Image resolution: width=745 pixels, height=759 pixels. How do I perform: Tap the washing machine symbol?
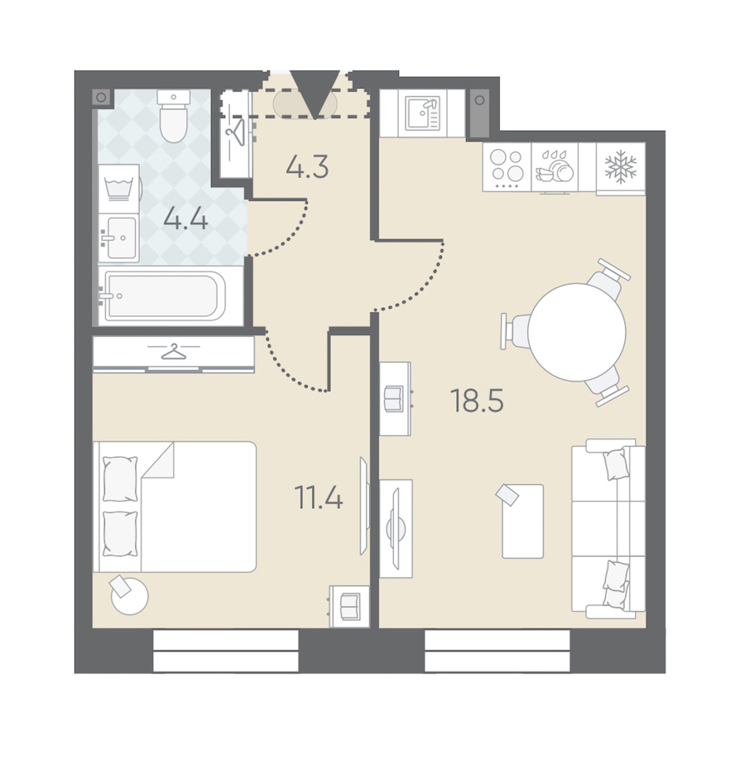pyautogui.click(x=119, y=188)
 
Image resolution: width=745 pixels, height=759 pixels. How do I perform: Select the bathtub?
pyautogui.click(x=165, y=295)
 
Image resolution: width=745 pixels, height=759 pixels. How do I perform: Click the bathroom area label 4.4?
pyautogui.click(x=186, y=220)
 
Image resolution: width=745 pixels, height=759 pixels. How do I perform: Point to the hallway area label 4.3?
pyautogui.click(x=307, y=167)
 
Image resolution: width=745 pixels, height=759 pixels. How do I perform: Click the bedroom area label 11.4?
pyautogui.click(x=319, y=497)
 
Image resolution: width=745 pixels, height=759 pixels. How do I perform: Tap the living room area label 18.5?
pyautogui.click(x=478, y=401)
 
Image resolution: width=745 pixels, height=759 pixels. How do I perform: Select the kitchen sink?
pyautogui.click(x=423, y=113)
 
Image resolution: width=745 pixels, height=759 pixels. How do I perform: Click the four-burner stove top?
pyautogui.click(x=507, y=167)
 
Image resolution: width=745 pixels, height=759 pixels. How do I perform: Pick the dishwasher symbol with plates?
pyautogui.click(x=555, y=166)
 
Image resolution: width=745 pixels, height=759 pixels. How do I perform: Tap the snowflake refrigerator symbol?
pyautogui.click(x=621, y=167)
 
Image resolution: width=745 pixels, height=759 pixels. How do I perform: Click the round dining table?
pyautogui.click(x=576, y=332)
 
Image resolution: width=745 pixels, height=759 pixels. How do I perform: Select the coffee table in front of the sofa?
pyautogui.click(x=523, y=521)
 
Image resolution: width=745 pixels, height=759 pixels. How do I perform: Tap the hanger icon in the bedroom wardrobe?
pyautogui.click(x=174, y=352)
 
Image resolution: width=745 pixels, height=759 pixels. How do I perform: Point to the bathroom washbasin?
pyautogui.click(x=119, y=238)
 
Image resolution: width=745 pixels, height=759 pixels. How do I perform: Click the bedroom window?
pyautogui.click(x=226, y=651)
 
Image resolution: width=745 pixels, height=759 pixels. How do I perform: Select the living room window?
pyautogui.click(x=497, y=651)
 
